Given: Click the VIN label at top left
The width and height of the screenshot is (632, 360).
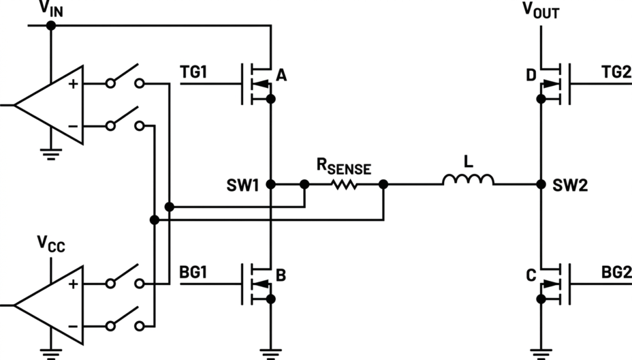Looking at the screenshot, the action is (51, 9).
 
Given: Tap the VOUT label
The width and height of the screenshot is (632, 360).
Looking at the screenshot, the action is (541, 11).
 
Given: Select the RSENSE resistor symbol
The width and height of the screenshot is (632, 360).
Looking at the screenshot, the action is (344, 184).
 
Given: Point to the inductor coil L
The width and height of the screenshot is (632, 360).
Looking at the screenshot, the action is (468, 180).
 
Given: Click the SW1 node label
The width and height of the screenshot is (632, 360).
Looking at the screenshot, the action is (243, 185).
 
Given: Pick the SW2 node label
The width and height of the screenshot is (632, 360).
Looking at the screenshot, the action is (570, 185).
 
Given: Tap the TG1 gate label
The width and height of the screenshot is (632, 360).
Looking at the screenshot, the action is (194, 72).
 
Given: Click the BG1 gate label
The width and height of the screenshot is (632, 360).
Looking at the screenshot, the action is (193, 273).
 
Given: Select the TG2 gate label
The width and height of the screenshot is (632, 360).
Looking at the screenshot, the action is (616, 72).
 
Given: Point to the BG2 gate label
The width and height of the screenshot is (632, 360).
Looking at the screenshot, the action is (616, 273).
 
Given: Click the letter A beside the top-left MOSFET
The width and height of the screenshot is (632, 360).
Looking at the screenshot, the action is (281, 75).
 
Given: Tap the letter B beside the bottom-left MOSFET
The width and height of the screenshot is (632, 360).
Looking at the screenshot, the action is (281, 275).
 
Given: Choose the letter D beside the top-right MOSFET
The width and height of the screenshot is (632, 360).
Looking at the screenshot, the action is (531, 75).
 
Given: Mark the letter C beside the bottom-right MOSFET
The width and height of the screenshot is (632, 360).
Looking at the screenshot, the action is (531, 275).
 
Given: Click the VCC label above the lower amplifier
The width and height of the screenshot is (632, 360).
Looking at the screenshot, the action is (51, 244).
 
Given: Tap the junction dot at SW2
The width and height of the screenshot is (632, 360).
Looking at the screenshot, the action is (541, 184).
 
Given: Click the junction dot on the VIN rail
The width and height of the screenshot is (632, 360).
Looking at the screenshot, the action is (51, 25).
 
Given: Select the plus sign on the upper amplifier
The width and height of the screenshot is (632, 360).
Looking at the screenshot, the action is (73, 84).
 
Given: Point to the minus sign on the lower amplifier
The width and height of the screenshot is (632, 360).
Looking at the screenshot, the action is (73, 326).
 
